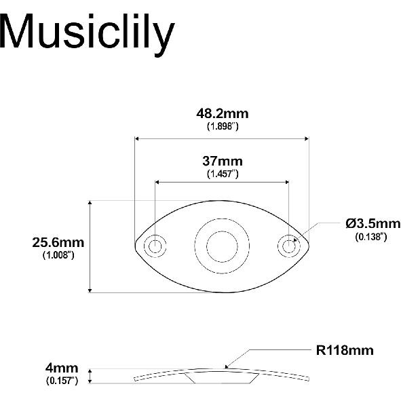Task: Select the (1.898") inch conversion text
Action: point(222,126)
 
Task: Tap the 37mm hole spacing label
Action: point(222,161)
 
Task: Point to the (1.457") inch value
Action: point(222,174)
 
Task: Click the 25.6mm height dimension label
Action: point(58,242)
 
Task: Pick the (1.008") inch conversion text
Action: point(58,254)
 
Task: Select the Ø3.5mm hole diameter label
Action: point(373,223)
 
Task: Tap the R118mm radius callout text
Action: point(345,351)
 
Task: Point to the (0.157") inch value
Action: point(62,381)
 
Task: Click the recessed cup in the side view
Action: point(222,377)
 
